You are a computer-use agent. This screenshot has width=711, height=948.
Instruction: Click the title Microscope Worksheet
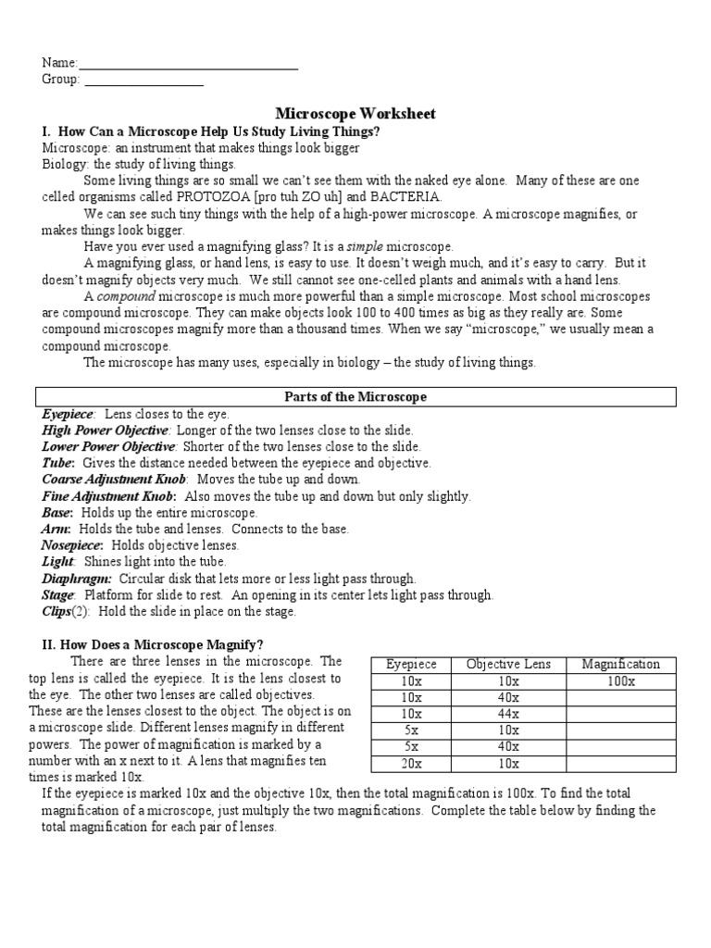pos(355,113)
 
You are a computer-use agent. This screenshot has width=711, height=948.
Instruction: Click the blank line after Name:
pos(188,65)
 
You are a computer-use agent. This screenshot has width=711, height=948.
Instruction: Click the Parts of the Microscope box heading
pos(355,397)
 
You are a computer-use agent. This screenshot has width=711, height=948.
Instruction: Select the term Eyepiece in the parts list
pos(69,415)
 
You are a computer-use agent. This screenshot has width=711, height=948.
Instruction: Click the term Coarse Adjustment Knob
pos(114,480)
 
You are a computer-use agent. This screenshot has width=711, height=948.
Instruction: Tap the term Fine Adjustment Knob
pos(108,496)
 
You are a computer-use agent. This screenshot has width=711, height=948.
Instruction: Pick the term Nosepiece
pos(72,545)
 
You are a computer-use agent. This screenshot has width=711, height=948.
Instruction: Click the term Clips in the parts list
pos(57,611)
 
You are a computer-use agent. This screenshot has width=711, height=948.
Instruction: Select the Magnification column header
pos(620,664)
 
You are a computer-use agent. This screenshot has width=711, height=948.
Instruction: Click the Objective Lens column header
pos(507,664)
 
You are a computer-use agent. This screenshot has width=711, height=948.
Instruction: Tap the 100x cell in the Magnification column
pos(620,680)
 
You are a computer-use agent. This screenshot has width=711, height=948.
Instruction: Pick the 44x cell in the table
pos(507,714)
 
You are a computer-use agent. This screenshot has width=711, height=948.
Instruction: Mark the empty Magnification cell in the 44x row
pos(620,714)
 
